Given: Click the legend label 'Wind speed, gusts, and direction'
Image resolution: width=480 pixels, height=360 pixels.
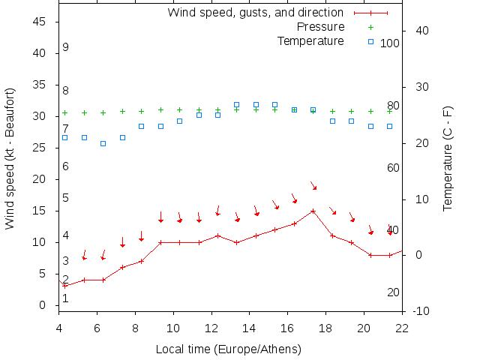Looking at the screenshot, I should coord(256,13).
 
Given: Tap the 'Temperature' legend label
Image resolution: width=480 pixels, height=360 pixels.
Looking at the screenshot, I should coord(310,40).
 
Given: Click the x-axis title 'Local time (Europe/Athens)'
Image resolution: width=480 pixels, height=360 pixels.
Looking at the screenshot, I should coord(228,349).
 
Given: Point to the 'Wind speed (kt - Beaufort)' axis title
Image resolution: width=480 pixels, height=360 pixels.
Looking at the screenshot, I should coord(10,158).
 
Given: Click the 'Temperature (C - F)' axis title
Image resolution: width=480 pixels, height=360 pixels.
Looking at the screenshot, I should coord(448,158).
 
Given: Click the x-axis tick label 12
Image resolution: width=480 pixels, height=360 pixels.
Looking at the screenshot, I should coord(211,327).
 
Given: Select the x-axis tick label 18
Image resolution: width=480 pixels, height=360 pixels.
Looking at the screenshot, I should coord(326,327).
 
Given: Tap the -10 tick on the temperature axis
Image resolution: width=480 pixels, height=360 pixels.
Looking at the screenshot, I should coord(421,311).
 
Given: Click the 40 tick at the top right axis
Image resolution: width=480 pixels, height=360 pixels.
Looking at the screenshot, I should coord(421,31).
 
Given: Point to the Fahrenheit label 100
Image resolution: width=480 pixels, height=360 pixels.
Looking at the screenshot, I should coord(390,43).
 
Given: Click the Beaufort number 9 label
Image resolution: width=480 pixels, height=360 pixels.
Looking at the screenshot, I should coord(66,47).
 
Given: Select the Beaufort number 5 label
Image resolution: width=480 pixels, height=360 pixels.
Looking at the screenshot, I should coord(66,198).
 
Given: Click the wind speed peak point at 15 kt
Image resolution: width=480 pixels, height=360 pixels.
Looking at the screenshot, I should coord(313,211).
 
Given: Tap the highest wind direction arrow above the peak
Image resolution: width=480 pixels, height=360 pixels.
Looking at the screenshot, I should coord(313,185).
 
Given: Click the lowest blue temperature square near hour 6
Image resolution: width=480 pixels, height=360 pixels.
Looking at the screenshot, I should coord(103,143).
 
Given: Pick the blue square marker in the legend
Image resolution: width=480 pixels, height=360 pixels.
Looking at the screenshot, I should coord(373,40).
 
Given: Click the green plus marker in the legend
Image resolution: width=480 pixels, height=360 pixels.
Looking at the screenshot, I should coord(373,27).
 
